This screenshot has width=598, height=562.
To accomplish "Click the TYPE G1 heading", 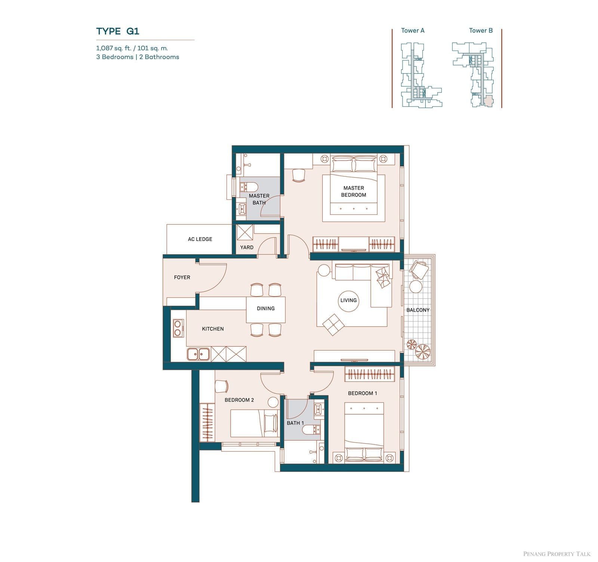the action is click(x=118, y=31).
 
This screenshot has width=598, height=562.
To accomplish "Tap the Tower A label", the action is click(x=413, y=31).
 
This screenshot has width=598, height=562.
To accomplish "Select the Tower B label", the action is click(x=481, y=31).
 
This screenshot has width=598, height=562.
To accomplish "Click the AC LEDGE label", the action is click(x=200, y=239).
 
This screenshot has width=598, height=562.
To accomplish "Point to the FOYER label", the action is click(x=182, y=277).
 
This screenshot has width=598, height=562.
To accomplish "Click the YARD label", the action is click(x=247, y=247).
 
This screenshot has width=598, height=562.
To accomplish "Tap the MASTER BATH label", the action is click(x=259, y=199).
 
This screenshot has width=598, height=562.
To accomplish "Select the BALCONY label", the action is click(x=418, y=310).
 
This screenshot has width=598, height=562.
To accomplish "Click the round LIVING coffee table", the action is click(x=348, y=300).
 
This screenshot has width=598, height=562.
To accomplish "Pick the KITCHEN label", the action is click(x=213, y=329).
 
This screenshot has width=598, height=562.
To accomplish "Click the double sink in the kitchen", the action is click(x=198, y=354).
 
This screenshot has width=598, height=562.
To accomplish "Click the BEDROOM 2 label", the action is click(x=239, y=400).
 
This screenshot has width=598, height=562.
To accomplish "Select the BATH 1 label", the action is click(x=295, y=423).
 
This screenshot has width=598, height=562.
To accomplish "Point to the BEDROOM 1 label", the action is click(x=363, y=393).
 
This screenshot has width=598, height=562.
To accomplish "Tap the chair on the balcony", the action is click(x=419, y=270).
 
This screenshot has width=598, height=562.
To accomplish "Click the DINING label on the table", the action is click(x=266, y=309).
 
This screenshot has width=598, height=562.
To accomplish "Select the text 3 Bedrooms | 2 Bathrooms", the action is click(x=138, y=57).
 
